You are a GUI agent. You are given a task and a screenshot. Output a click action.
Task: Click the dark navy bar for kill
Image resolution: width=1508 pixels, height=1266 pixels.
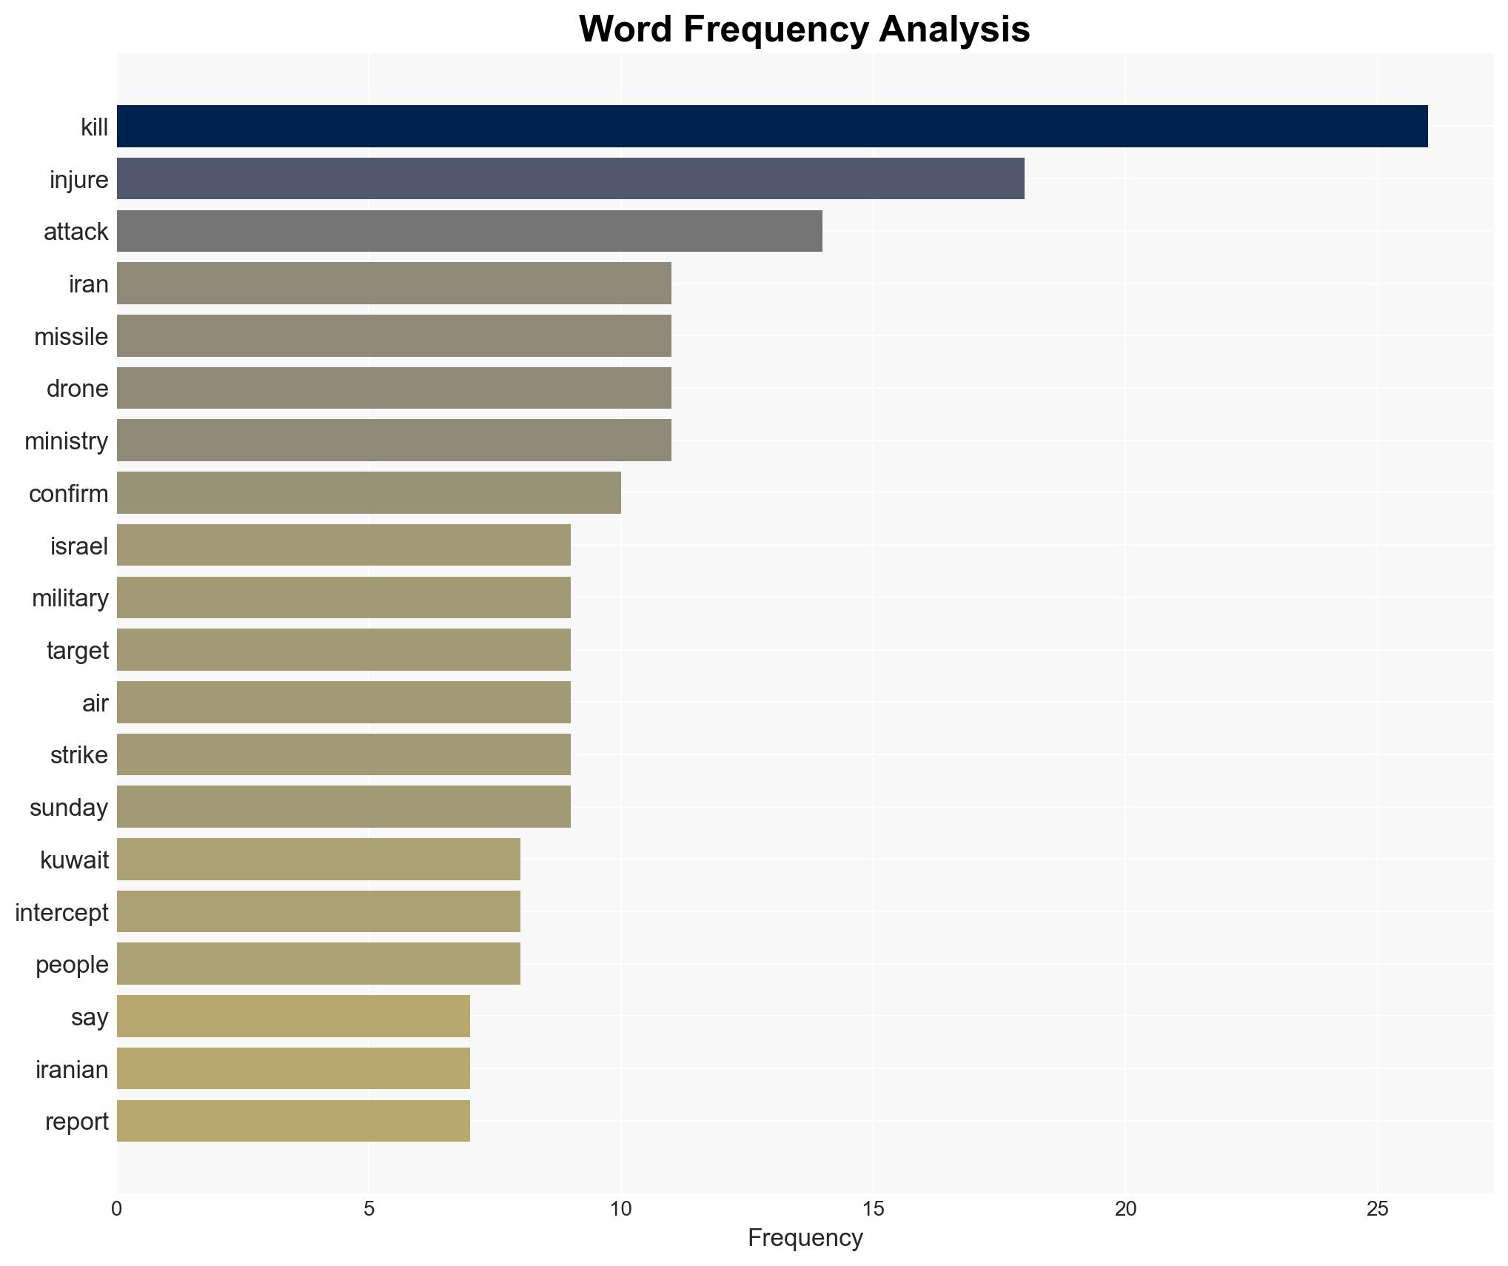point(771,127)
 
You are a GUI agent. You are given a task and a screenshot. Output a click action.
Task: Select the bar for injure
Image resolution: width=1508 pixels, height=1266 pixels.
point(570,178)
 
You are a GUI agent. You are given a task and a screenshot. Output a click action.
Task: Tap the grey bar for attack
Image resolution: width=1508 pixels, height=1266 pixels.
point(469,231)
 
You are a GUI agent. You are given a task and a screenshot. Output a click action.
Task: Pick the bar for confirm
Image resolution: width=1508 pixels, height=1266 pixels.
point(369,493)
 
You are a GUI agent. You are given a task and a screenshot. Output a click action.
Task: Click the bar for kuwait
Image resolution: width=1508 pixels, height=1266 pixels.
point(318,860)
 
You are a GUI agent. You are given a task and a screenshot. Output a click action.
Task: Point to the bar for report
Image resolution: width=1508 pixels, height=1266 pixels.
point(293,1121)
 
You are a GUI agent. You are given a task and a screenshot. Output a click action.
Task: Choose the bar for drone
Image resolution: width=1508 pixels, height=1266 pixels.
point(394,388)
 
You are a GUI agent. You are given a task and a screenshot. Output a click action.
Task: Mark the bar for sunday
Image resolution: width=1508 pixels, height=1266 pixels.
point(344,807)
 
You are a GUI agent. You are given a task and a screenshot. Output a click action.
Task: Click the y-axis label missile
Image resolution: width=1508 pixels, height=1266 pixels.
point(71,337)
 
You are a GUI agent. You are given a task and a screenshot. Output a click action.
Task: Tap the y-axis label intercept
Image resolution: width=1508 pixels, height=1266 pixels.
point(61,912)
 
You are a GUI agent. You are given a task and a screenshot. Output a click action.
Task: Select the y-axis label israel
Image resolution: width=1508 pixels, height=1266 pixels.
point(79,546)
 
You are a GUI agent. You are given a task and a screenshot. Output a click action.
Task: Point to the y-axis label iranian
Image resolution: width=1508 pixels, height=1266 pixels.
point(72,1069)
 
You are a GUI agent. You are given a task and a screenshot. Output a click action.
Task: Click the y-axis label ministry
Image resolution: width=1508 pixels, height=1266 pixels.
point(67,441)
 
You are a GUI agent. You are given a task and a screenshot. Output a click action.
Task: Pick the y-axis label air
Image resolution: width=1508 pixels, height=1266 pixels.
point(95,703)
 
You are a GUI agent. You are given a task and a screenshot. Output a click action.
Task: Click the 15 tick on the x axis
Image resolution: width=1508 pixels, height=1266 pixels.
point(873,1209)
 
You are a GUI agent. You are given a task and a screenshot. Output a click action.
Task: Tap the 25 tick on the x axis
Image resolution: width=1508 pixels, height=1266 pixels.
point(1377,1209)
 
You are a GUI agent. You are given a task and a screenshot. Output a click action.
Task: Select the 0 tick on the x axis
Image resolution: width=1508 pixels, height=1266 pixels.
point(117,1209)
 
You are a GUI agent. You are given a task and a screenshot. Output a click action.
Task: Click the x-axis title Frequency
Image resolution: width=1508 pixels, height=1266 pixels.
point(805,1238)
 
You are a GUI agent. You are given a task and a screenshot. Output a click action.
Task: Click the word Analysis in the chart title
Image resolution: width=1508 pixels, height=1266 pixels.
point(954,30)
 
